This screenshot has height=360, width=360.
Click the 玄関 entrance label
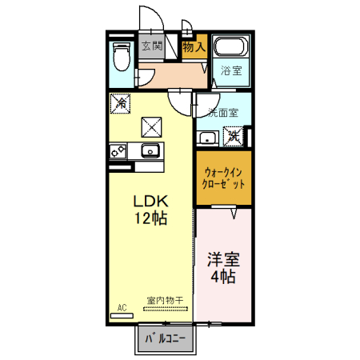pos(152,46)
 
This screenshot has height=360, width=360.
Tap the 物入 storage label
pos(194,47)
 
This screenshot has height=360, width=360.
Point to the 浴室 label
pos(233,70)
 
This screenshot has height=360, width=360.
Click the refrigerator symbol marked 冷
pos(121,103)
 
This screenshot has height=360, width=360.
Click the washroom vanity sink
pos(207,138)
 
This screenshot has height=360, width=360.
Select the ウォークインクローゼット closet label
pos(224,178)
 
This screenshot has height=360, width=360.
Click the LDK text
pos(150,200)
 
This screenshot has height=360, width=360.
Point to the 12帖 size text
pos(150,218)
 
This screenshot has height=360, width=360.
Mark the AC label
pos(122,307)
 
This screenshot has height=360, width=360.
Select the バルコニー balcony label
pos(166,339)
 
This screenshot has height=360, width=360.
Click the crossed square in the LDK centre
pos(152,126)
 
